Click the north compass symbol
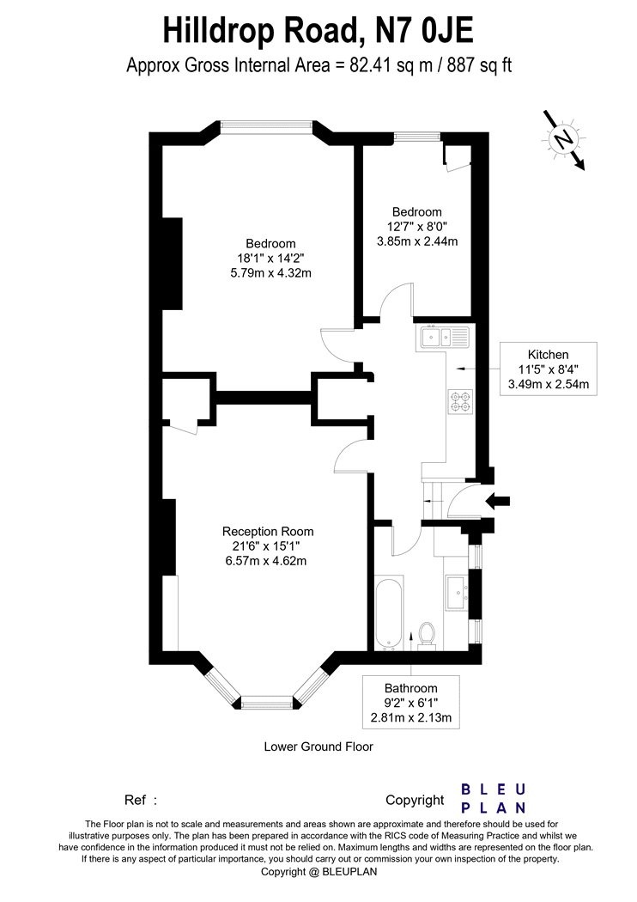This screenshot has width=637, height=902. pyautogui.click(x=562, y=138)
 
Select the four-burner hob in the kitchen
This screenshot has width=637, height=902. pyautogui.click(x=459, y=401)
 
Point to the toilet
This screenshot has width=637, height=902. pyautogui.click(x=427, y=635)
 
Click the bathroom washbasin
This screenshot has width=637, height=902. pyautogui.click(x=457, y=592)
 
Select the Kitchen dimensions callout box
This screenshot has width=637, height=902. pyautogui.click(x=549, y=368)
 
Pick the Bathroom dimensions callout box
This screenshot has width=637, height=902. pyautogui.click(x=411, y=703)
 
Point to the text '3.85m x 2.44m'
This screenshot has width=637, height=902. pyautogui.click(x=416, y=241)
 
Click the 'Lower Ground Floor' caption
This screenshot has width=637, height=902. pyautogui.click(x=318, y=747)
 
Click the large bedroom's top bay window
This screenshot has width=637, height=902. pyautogui.click(x=266, y=126)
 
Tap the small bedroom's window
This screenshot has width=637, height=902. pyautogui.click(x=418, y=136)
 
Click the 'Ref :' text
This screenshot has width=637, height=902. pyautogui.click(x=142, y=800)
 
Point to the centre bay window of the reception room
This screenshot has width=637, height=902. pyautogui.click(x=267, y=700)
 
